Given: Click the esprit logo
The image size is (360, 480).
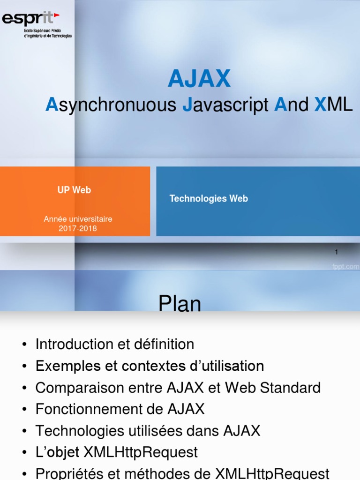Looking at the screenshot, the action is pyautogui.click(x=37, y=25).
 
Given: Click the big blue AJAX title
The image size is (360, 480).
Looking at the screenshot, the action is pyautogui.click(x=199, y=78).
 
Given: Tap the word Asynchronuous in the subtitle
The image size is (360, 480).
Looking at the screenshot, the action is pyautogui.click(x=111, y=105).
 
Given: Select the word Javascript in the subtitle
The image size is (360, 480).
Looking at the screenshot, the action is pyautogui.click(x=225, y=105).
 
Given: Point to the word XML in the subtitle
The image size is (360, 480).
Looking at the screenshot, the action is pyautogui.click(x=333, y=105).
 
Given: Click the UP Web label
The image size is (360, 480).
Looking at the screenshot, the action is pyautogui.click(x=74, y=190).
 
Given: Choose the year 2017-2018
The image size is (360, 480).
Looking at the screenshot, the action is pyautogui.click(x=78, y=228).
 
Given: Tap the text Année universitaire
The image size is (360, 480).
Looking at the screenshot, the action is pyautogui.click(x=78, y=219).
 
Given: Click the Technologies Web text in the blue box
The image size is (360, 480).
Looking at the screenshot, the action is pyautogui.click(x=209, y=199).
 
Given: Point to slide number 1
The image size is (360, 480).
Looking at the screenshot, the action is pyautogui.click(x=337, y=252).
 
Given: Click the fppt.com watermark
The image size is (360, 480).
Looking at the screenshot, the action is pyautogui.click(x=345, y=267).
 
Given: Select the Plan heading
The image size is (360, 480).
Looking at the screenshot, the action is pyautogui.click(x=180, y=304).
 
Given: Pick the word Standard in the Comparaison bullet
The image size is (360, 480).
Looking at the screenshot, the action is pyautogui.click(x=290, y=388).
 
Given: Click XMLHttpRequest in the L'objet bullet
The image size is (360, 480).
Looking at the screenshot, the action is pyautogui.click(x=141, y=452).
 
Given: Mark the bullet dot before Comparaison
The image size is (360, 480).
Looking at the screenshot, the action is pyautogui.click(x=24, y=388).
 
